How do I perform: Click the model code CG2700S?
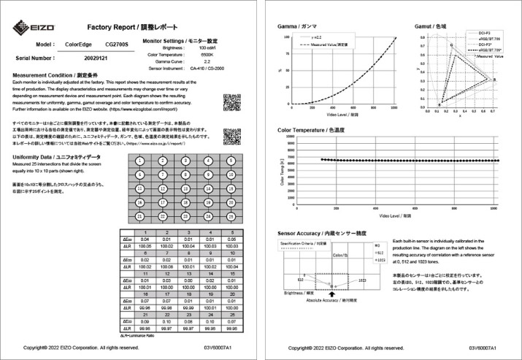pos(115,44)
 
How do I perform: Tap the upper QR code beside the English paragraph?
pos(232,102)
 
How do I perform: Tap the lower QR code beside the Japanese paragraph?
pos(232,136)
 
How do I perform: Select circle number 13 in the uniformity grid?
pos(186,188)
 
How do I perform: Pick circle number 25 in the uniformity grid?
pos(230,217)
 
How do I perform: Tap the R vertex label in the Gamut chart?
pos(494,80)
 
